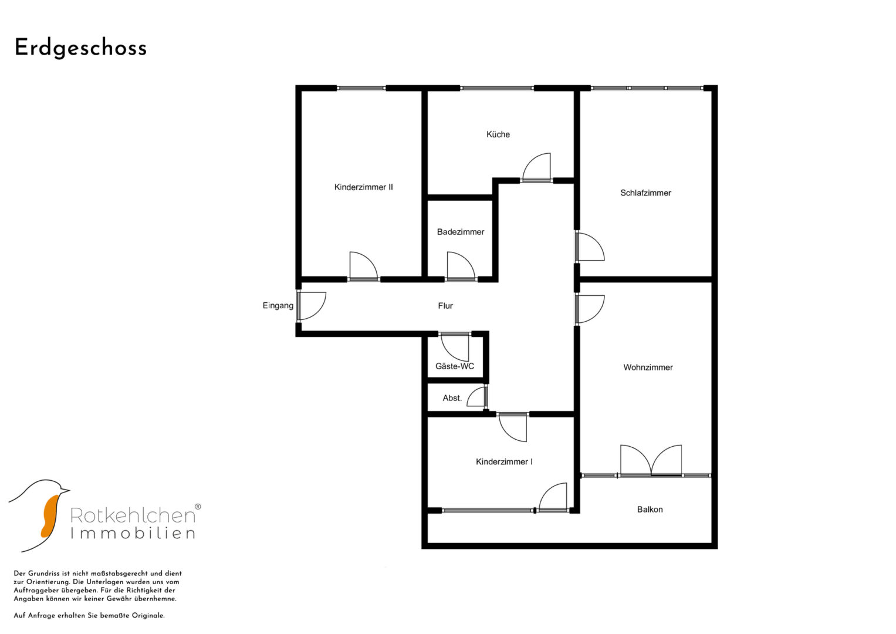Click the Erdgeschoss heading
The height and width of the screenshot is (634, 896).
pos(80,48)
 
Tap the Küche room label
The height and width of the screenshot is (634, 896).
pos(498,134)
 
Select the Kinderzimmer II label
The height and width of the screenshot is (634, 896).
pos(364,187)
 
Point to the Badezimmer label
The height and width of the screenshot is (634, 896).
pos(461,232)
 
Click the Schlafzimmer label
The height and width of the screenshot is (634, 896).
pos(645,193)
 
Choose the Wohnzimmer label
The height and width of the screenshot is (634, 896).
pos(648,367)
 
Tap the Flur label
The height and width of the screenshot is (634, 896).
pos(445,306)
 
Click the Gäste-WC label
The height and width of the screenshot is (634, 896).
pos(455,366)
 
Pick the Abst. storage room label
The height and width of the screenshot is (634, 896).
pos(452,398)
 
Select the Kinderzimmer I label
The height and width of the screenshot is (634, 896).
pos(504,462)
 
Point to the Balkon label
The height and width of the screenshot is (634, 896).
pos(650,510)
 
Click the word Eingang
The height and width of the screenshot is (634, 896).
pos(278,306)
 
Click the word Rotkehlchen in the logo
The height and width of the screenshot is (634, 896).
pos(133,515)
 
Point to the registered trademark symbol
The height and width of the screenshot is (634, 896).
pos(198,507)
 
